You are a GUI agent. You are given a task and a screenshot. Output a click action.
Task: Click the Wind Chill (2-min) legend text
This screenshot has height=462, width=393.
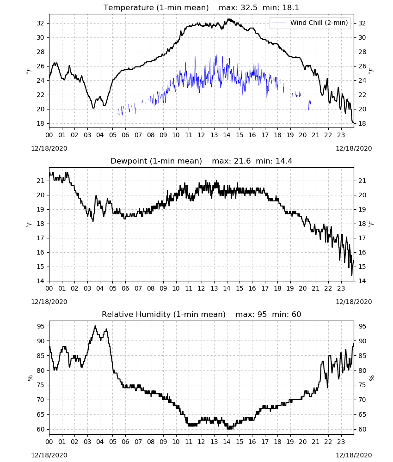(319, 23)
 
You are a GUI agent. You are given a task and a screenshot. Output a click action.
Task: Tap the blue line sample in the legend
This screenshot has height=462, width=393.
(279, 23)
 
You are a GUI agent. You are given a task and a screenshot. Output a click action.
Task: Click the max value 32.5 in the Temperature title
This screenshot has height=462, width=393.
(249, 8)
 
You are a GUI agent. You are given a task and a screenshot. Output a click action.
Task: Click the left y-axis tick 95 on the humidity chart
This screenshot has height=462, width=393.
(41, 326)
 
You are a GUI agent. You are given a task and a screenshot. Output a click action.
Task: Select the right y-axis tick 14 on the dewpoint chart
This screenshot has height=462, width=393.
(362, 281)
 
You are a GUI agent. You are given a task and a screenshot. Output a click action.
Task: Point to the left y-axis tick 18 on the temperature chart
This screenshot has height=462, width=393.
(41, 123)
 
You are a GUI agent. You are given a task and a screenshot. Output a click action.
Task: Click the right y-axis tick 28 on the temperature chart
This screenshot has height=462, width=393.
(362, 52)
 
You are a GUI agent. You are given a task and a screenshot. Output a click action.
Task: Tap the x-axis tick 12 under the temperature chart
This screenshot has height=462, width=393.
(202, 135)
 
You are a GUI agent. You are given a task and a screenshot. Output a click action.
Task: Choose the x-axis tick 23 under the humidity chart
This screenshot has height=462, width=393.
(341, 442)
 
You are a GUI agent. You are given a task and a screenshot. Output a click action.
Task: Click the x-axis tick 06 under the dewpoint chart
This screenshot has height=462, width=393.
(125, 288)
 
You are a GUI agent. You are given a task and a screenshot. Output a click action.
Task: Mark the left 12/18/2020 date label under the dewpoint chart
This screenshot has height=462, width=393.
(49, 302)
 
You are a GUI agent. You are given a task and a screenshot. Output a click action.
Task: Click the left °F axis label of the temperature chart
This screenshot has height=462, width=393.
(29, 71)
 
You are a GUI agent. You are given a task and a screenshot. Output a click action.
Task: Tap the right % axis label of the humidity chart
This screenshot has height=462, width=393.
(372, 378)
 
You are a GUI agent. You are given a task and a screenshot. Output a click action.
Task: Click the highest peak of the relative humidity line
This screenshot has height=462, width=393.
(95, 326)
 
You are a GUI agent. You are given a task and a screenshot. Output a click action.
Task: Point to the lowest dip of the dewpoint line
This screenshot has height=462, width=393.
(352, 275)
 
